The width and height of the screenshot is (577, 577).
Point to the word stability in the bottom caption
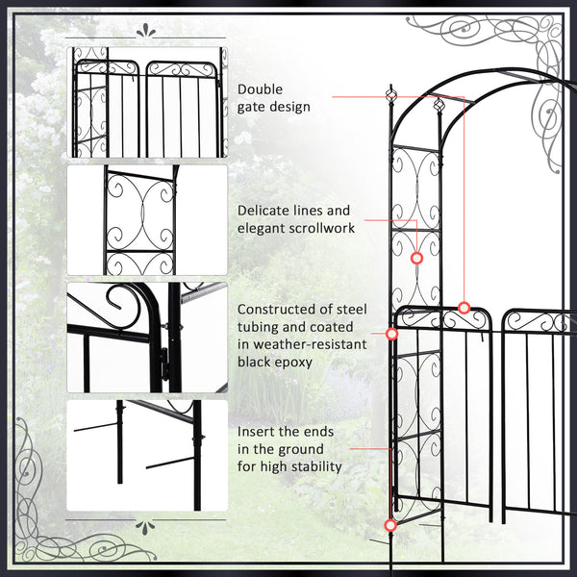click(313, 466)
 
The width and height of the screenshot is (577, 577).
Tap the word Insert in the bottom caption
click(258, 432)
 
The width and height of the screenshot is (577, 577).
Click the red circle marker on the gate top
click(464, 308)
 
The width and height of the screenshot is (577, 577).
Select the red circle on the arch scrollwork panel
click(416, 259)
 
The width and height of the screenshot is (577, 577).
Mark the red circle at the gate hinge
click(391, 334)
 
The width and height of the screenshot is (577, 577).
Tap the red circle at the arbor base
click(389, 525)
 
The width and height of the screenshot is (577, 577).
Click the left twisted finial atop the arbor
click(390, 95)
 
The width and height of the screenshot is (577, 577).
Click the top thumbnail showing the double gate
click(146, 102)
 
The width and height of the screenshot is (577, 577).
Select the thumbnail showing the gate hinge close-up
click(146, 338)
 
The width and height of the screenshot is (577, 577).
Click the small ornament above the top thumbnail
click(146, 31)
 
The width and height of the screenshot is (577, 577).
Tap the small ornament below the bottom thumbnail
click(146, 526)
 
